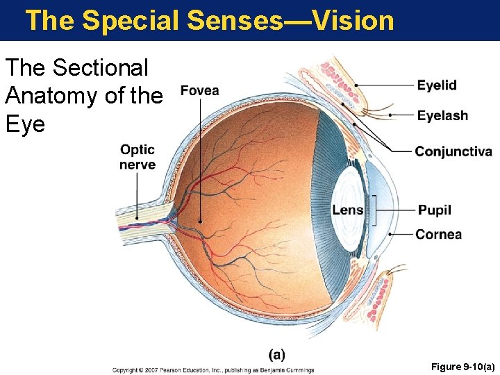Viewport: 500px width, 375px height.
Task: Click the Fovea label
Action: (x=200, y=91)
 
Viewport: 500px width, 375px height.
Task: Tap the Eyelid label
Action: (x=437, y=85)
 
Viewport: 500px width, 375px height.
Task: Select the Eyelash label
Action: (x=442, y=116)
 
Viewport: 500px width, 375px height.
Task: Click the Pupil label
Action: (x=435, y=210)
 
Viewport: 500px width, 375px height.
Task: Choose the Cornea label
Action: (x=439, y=235)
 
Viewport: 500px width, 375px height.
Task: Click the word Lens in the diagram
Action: (x=347, y=210)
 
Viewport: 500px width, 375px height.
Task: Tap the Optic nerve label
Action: (x=137, y=157)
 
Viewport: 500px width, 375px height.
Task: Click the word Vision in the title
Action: (x=353, y=20)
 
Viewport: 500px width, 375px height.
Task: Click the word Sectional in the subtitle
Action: (x=100, y=68)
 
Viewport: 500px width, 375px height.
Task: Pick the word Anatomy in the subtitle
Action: (x=51, y=96)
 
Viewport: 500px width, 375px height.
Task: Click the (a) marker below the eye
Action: (x=276, y=354)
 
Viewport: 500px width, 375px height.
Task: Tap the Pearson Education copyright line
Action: (x=213, y=370)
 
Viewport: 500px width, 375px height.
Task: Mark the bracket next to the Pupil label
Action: (x=375, y=210)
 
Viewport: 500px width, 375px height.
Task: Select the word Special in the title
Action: (x=131, y=20)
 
